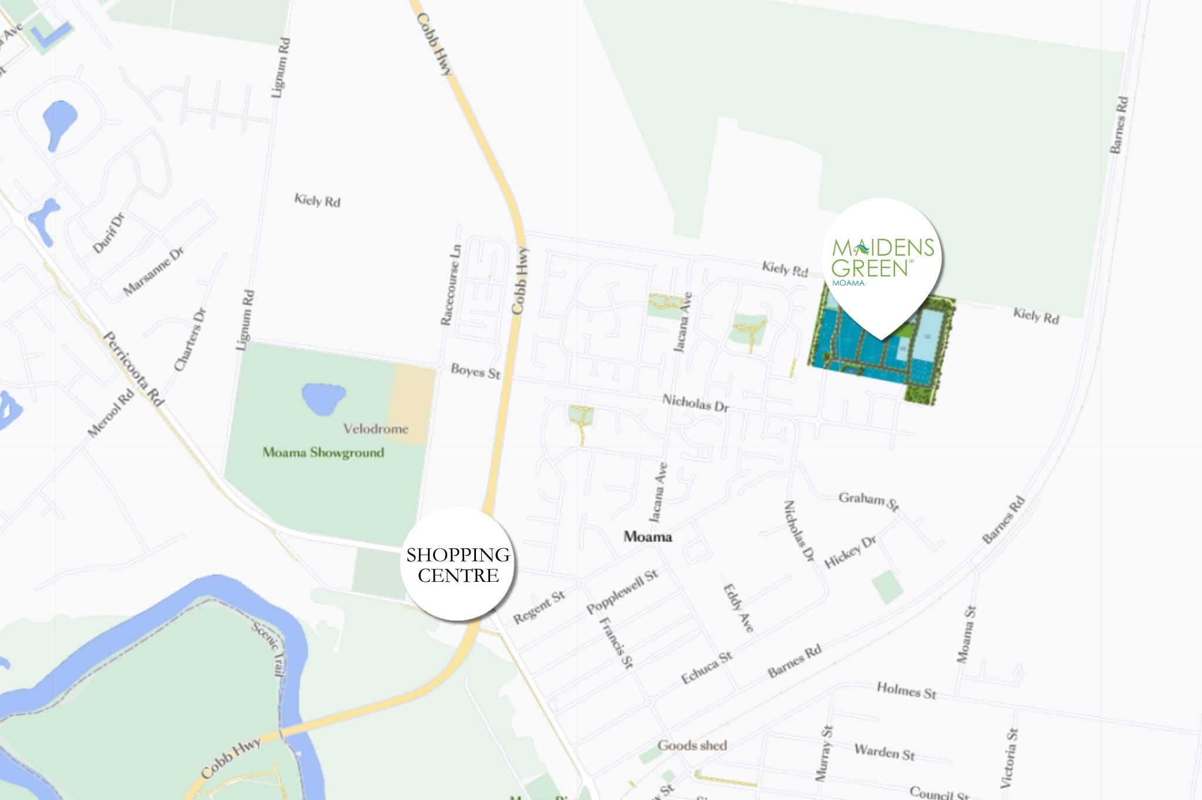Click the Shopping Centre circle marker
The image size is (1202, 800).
[458, 564]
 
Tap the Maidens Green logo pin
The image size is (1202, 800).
[882, 264]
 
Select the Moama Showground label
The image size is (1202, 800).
[323, 453]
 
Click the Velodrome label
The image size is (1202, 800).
[376, 429]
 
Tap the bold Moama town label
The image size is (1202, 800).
[647, 537]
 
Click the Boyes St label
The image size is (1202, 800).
[475, 371]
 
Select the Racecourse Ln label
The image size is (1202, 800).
[451, 285]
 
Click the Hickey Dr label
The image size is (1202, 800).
[850, 552]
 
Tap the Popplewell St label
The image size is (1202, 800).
[622, 591]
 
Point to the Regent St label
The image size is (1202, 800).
[539, 607]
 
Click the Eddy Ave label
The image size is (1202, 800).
[738, 608]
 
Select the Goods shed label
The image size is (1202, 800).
[692, 745]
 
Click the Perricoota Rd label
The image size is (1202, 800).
[133, 368]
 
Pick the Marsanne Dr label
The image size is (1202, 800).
[153, 271]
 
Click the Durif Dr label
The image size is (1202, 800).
[109, 233]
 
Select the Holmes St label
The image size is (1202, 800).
[906, 690]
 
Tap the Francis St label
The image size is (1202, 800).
[617, 643]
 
